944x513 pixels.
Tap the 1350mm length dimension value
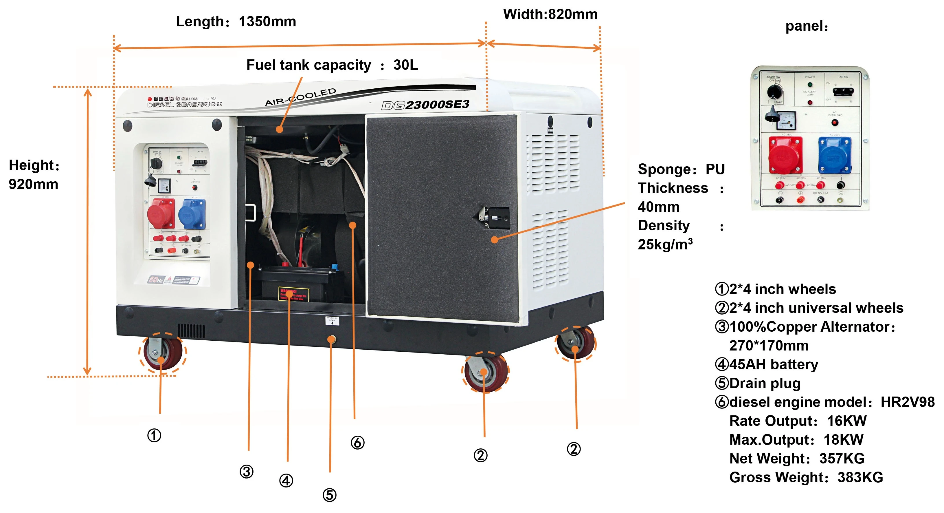click(x=267, y=22)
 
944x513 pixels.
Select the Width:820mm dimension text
click(x=550, y=14)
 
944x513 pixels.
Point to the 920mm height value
click(x=33, y=184)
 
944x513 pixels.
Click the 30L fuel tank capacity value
click(x=405, y=65)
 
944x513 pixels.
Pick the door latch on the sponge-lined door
click(x=494, y=218)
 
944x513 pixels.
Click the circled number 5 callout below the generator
click(x=329, y=495)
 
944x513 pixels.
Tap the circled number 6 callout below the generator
click(x=357, y=443)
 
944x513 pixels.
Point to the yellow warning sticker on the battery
click(x=293, y=294)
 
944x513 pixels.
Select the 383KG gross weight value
click(x=860, y=477)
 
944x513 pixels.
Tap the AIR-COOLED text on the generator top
click(x=300, y=97)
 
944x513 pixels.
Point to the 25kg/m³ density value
click(x=665, y=244)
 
